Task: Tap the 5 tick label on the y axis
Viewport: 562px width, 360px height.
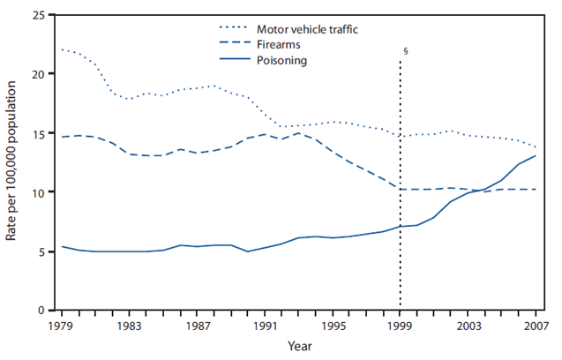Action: point(39,251)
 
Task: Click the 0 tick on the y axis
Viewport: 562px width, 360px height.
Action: point(39,311)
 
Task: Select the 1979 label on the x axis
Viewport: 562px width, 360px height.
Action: point(61,325)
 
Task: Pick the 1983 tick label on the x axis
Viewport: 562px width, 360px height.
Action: point(129,325)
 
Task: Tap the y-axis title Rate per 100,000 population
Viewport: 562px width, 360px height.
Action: point(13,163)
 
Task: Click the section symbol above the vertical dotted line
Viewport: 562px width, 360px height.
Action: point(404,52)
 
